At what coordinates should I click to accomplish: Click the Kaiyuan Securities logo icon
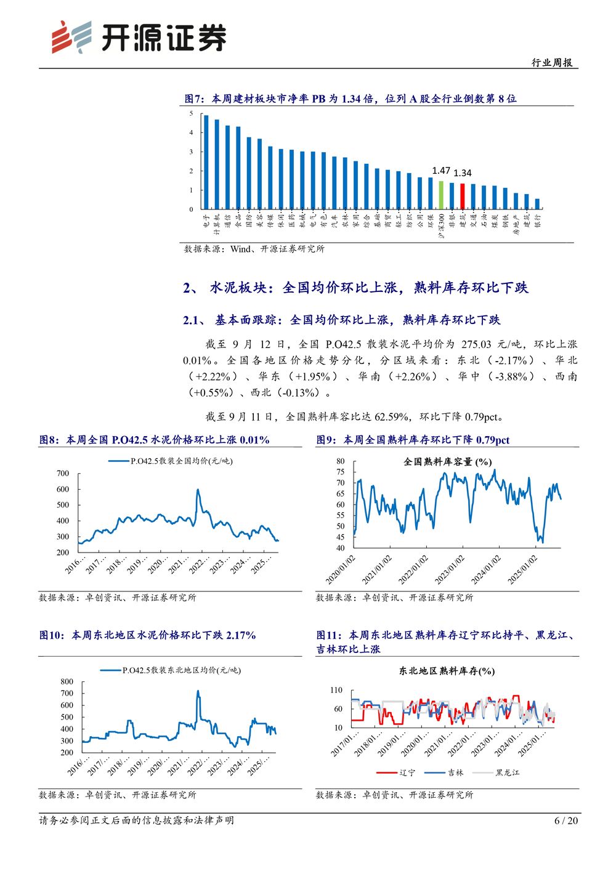71,36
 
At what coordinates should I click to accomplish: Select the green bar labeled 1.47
441,194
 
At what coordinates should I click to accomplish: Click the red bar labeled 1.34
463,196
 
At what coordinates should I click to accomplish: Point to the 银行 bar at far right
537,204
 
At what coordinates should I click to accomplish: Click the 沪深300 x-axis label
441,226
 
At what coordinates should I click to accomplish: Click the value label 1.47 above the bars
441,171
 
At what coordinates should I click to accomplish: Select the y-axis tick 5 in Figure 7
192,113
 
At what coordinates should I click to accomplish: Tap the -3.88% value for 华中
512,376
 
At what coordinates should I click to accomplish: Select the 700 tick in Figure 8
63,474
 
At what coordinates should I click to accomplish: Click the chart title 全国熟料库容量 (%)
447,461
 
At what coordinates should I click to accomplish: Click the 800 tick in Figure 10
67,682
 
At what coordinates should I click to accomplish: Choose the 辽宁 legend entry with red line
395,772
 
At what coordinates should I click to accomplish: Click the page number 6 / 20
566,820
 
